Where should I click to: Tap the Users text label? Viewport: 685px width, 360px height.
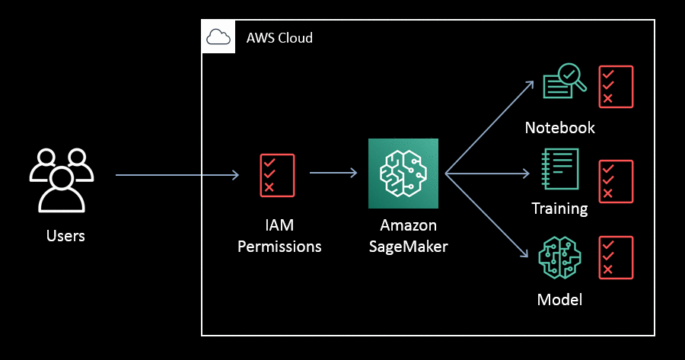[65, 236]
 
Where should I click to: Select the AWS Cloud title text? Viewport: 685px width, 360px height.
[279, 38]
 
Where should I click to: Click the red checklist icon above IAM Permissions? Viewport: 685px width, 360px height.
[277, 176]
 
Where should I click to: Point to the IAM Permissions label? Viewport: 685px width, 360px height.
[279, 236]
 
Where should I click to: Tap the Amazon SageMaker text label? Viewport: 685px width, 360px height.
[408, 236]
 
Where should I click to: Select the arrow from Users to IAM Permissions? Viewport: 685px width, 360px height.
[177, 176]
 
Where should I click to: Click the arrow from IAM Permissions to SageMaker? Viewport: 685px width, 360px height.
[333, 174]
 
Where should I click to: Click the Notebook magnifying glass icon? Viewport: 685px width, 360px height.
[564, 82]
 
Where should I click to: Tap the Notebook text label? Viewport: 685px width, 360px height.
[559, 127]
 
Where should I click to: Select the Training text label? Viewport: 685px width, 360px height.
[559, 209]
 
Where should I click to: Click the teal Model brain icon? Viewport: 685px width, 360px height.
[559, 259]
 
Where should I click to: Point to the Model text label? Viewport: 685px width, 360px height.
[559, 299]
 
